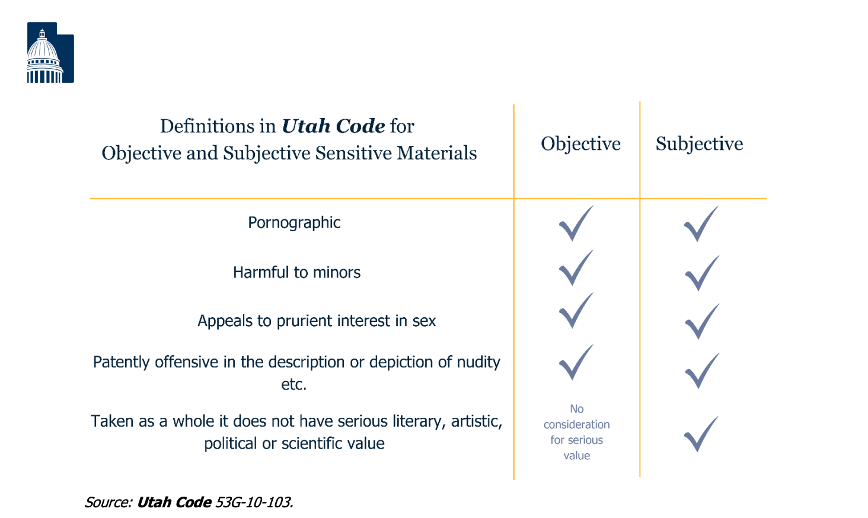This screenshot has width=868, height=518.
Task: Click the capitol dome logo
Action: tap(50, 53)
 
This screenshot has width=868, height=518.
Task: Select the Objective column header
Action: tap(580, 144)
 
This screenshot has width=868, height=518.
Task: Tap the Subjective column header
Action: tap(699, 144)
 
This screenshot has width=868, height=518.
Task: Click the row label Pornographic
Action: tap(294, 223)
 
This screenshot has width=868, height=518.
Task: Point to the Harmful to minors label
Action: tap(296, 273)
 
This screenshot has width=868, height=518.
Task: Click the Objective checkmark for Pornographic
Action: tap(575, 224)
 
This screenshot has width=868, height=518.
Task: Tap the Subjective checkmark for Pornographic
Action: tap(700, 224)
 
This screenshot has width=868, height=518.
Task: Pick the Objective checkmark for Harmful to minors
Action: tap(575, 268)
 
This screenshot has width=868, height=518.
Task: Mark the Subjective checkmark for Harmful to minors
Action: tap(701, 273)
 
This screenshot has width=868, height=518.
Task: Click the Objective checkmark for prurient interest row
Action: tap(575, 311)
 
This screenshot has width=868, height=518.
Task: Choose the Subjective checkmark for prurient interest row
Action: tap(701, 322)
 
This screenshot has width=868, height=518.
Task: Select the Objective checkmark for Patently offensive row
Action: tap(575, 363)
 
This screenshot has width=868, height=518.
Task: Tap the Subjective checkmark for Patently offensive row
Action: tap(701, 371)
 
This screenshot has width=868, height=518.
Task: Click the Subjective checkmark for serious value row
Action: tap(700, 434)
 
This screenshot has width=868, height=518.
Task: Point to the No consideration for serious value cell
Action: tap(576, 432)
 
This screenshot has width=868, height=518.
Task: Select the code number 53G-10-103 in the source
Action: tap(254, 503)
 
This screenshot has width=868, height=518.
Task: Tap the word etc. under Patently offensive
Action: tap(293, 385)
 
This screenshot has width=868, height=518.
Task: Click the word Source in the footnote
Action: tap(108, 503)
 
